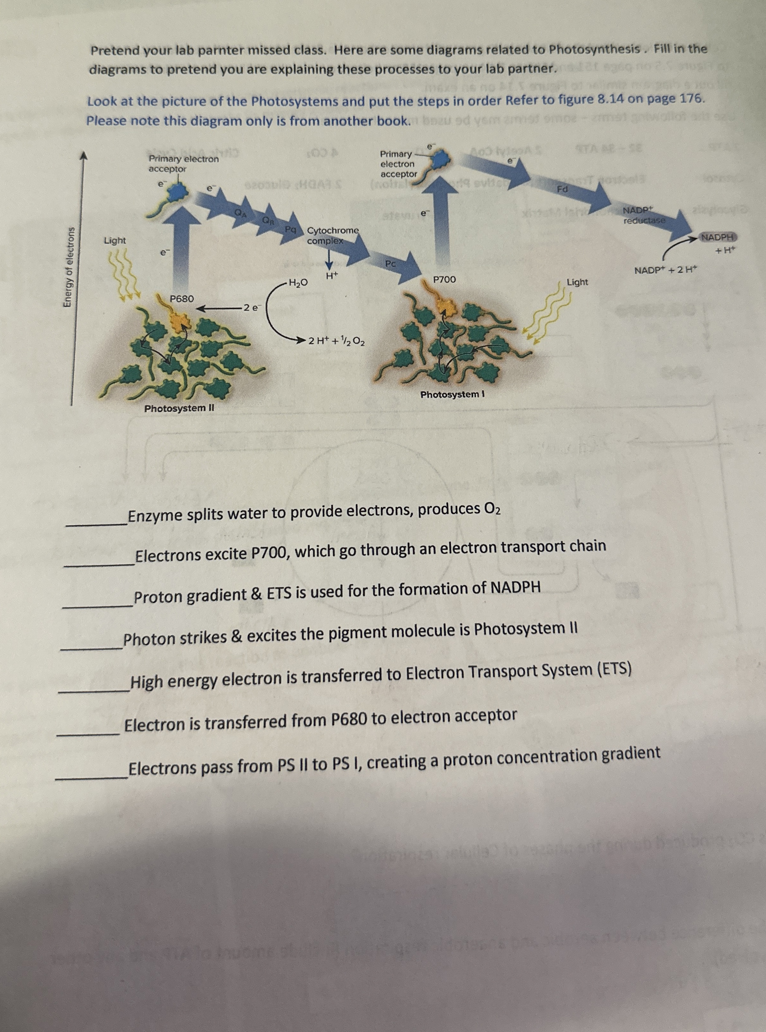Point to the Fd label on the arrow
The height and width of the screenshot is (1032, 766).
[x=562, y=189]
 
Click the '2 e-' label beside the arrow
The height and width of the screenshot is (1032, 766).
[x=253, y=307]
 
